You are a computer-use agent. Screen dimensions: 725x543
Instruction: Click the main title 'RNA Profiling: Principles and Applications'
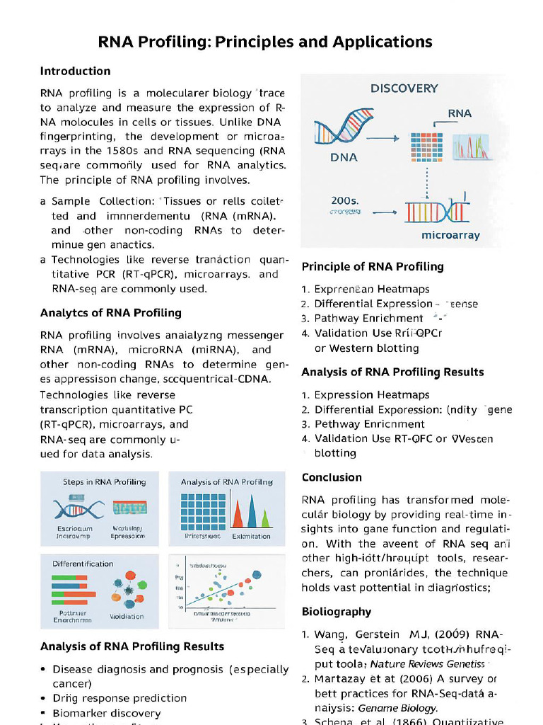click(265, 42)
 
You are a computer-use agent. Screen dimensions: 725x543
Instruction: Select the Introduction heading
click(75, 71)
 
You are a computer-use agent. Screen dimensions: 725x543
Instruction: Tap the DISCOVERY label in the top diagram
click(404, 89)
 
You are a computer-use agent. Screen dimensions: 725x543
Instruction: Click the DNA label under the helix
click(344, 157)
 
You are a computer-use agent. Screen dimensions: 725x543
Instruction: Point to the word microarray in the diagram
click(450, 235)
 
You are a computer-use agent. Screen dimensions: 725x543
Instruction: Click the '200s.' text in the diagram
click(346, 200)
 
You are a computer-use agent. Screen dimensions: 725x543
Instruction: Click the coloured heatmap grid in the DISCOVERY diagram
click(426, 146)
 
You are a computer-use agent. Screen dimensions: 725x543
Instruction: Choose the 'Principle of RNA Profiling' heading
click(373, 267)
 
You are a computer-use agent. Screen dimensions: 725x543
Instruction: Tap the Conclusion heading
click(332, 477)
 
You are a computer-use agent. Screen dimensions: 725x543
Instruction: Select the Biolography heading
click(336, 612)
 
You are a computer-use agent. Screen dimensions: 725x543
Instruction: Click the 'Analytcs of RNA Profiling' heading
click(110, 313)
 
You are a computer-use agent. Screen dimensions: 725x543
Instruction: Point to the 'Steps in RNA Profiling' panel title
click(104, 481)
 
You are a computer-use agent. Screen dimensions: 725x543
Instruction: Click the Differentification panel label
click(83, 564)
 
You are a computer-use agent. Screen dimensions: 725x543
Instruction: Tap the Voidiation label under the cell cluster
click(127, 616)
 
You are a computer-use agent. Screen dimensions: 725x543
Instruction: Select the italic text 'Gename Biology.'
click(397, 708)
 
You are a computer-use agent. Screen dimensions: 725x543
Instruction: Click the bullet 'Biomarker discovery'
click(107, 713)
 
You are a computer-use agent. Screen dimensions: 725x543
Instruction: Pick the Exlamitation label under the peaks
click(251, 536)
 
